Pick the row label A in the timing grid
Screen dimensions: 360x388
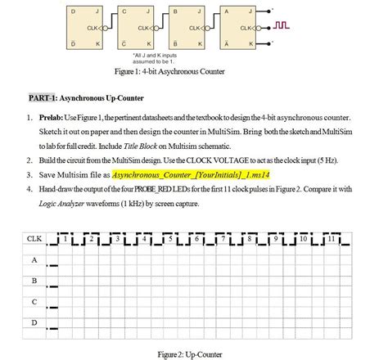tap(34, 259)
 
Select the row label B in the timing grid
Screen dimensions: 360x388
tap(34, 281)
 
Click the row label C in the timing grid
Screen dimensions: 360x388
tap(34, 302)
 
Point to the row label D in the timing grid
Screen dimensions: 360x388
tap(34, 323)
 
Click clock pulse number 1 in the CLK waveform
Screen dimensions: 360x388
tap(65, 239)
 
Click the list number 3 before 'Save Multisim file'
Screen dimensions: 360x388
tap(29, 175)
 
